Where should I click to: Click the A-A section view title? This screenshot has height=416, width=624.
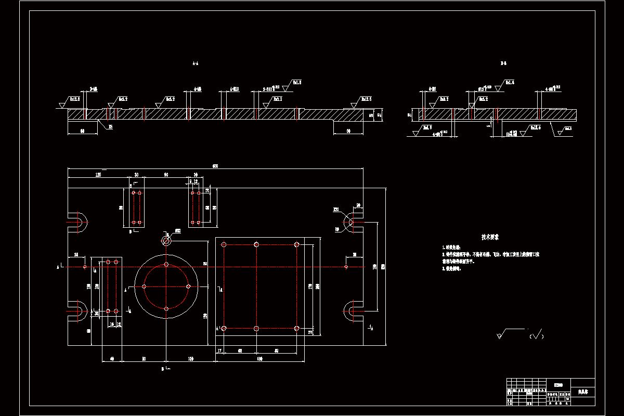196,64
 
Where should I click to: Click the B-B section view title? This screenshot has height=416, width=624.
503,64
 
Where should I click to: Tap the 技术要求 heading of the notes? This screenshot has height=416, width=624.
490,237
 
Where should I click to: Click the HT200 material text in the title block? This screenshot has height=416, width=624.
558,385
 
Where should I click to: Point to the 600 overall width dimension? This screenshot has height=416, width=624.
215,166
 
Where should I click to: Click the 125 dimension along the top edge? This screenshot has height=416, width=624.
98,175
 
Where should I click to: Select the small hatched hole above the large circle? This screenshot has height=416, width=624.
166,241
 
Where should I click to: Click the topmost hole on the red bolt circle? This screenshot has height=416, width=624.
166,265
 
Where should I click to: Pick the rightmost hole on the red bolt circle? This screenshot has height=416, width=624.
188,286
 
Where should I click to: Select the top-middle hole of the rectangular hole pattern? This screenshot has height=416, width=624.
256,244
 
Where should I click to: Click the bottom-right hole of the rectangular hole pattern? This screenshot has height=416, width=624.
296,328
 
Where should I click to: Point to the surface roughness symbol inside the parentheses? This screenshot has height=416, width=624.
537,335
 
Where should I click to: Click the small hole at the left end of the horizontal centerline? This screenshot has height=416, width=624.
85,267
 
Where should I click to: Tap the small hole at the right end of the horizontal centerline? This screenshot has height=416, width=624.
346,267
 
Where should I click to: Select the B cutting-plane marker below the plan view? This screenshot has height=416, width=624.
163,369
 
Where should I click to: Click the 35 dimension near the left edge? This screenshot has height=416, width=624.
76,255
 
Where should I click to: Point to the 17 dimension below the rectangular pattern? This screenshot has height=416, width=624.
219,351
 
